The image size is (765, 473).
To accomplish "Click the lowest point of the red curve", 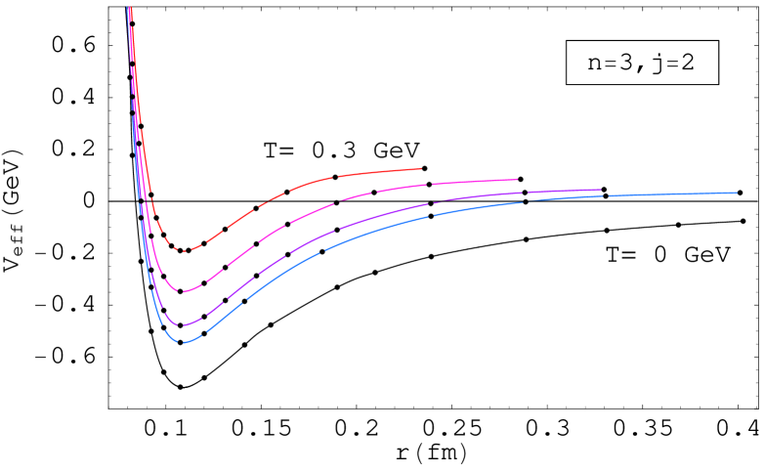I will pyautogui.click(x=183, y=250).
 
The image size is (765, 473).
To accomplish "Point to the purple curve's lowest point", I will pyautogui.click(x=183, y=324).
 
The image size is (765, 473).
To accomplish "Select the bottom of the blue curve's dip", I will pyautogui.click(x=184, y=342).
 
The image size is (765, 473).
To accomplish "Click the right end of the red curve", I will pyautogui.click(x=421, y=169).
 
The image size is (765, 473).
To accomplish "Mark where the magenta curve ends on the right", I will pyautogui.click(x=517, y=179).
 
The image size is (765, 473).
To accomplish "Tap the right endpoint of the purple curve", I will pyautogui.click(x=601, y=190).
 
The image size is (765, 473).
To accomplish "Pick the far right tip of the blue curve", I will pyautogui.click(x=737, y=193).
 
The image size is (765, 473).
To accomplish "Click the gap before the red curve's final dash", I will pyautogui.click(x=335, y=178).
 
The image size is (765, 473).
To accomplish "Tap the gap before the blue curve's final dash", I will pyautogui.click(x=608, y=196).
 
